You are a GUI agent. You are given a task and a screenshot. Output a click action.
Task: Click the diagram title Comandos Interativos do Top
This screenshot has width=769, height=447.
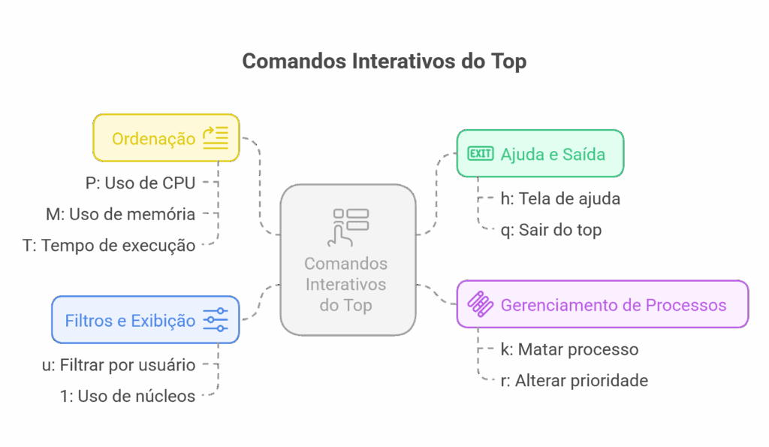pyautogui.click(x=384, y=62)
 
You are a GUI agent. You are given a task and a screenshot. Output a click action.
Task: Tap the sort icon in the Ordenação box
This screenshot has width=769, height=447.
pyautogui.click(x=216, y=138)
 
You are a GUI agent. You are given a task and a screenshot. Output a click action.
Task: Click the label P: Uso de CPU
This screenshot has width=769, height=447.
pyautogui.click(x=140, y=183)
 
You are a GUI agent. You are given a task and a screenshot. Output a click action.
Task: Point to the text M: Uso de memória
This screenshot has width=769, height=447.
pyautogui.click(x=120, y=215)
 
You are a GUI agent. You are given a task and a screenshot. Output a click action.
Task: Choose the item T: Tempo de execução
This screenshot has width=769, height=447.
pyautogui.click(x=109, y=246)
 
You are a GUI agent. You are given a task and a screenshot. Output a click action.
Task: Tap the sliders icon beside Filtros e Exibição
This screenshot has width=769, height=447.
pyautogui.click(x=216, y=321)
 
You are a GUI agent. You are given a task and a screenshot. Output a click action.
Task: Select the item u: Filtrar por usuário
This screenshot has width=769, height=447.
pyautogui.click(x=119, y=366)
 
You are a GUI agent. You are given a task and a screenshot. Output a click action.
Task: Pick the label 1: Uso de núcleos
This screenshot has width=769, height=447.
pyautogui.click(x=128, y=396)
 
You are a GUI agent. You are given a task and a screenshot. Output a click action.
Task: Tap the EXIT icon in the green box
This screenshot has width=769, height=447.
pyautogui.click(x=481, y=154)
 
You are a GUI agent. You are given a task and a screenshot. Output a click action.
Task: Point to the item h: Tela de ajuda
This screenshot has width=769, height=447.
pyautogui.click(x=560, y=199)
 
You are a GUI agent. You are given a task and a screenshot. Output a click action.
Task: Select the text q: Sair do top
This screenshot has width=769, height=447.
pyautogui.click(x=550, y=230)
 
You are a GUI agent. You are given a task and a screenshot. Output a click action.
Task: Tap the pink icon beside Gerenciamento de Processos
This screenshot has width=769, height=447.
pyautogui.click(x=481, y=304)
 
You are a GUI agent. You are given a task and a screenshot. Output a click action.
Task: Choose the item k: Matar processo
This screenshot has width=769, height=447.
pyautogui.click(x=569, y=350)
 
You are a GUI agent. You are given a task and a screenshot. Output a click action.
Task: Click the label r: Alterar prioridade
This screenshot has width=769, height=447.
pyautogui.click(x=574, y=381)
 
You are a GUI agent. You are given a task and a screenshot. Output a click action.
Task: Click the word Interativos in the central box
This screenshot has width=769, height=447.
pyautogui.click(x=346, y=285)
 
